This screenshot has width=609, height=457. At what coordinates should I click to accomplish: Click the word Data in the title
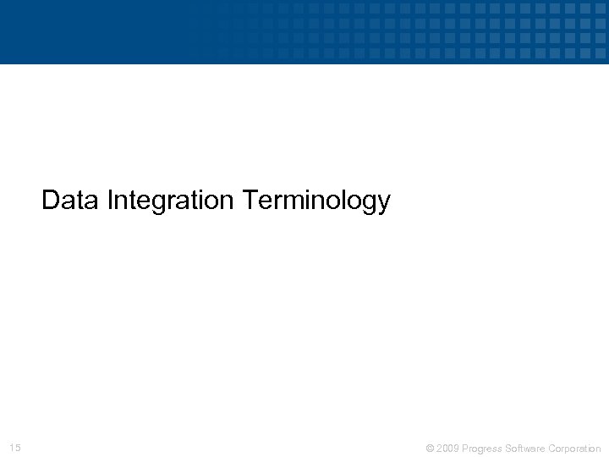(71, 201)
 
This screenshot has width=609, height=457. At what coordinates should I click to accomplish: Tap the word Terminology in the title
(316, 201)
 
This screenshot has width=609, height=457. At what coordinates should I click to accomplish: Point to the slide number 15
(15, 447)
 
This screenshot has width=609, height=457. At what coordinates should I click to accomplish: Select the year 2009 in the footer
(447, 448)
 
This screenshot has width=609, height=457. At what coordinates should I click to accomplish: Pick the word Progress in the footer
(483, 448)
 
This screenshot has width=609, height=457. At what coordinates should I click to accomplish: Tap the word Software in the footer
(525, 448)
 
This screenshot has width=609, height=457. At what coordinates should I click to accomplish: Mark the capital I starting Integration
(111, 201)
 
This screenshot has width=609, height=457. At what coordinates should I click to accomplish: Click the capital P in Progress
(466, 448)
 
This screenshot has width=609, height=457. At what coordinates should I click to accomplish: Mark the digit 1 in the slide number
(12, 447)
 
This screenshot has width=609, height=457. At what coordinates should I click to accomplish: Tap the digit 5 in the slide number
(18, 447)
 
